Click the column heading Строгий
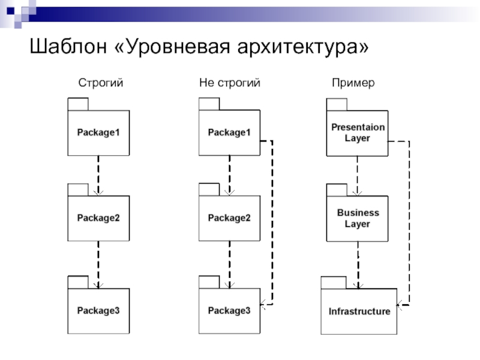(x=101, y=83)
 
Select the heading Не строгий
(x=230, y=83)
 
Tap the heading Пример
(x=353, y=83)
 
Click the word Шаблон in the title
(x=65, y=46)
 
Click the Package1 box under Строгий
(x=98, y=133)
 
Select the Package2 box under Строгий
(x=98, y=218)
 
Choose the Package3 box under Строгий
(x=98, y=310)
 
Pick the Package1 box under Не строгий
(x=229, y=133)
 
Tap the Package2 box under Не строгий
(x=229, y=218)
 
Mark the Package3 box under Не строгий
(x=229, y=310)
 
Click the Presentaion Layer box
(x=358, y=133)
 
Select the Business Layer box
(x=358, y=218)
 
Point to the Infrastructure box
(x=359, y=311)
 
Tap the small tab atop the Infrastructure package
(x=334, y=282)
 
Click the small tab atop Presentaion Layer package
(x=337, y=104)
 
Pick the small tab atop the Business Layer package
(x=337, y=190)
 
